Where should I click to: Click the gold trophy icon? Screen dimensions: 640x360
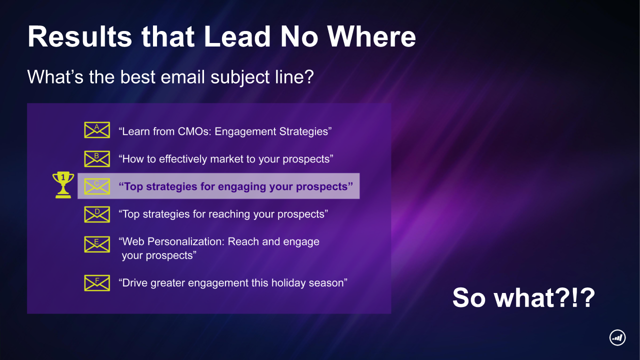click(63, 185)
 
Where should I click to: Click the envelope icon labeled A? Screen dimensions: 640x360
click(97, 130)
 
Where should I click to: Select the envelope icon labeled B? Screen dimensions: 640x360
click(97, 159)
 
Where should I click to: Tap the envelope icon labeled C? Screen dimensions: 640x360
click(97, 186)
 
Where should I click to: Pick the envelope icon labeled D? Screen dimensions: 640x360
click(97, 214)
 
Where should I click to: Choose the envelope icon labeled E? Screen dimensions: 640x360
click(97, 244)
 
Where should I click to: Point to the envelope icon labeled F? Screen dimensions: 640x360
click(97, 283)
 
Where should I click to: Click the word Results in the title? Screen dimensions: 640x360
click(79, 36)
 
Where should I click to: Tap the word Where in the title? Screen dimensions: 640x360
click(371, 36)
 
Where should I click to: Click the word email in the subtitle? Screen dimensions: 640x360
click(182, 77)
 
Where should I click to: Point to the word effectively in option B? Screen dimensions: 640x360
click(183, 159)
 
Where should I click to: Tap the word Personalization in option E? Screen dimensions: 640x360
click(185, 241)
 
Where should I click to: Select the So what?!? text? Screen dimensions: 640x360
click(523, 297)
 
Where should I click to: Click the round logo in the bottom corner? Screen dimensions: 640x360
click(617, 337)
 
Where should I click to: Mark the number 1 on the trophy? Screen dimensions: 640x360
click(63, 177)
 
